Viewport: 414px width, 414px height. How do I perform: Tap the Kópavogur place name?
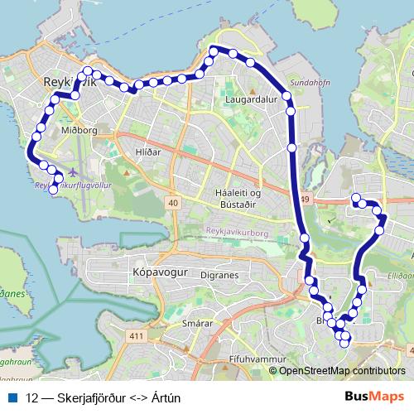pyautogui.click(x=156, y=271)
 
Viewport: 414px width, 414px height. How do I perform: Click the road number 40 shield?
pyautogui.click(x=173, y=202)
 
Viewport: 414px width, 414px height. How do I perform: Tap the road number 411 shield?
pyautogui.click(x=137, y=335)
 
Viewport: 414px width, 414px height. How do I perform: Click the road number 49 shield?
pyautogui.click(x=305, y=199)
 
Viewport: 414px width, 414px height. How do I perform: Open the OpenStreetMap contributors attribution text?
pyautogui.click(x=342, y=370)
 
